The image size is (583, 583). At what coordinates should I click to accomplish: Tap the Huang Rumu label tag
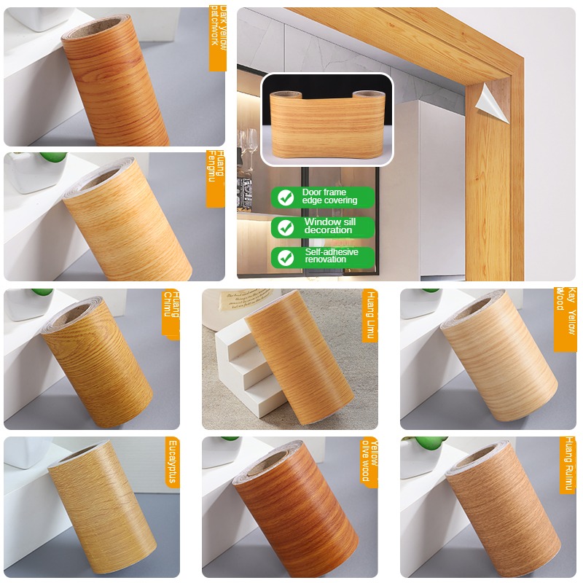point(567,464)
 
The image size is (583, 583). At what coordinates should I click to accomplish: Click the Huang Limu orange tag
point(369,315)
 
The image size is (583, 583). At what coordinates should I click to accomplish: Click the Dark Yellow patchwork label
point(218,38)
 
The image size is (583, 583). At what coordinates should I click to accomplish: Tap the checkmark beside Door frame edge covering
point(286,197)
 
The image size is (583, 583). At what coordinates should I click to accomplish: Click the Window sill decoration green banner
point(324,227)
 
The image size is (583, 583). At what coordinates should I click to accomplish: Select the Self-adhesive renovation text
point(332,256)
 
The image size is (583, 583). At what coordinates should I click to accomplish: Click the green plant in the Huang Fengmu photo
point(53,157)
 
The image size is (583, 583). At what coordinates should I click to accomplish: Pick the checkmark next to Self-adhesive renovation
point(286,257)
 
